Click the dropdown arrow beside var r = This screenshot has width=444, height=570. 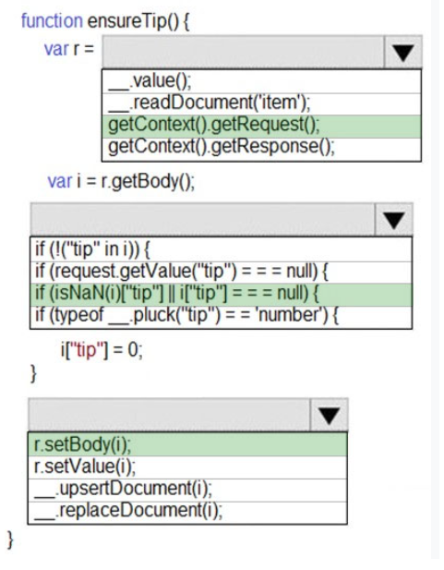pos(403,52)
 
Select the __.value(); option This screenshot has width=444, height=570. pos(150,80)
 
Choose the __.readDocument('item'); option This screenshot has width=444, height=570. pos(210,103)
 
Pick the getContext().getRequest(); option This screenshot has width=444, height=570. pos(214,125)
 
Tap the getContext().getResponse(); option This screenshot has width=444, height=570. pos(222,147)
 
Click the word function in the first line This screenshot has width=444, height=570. pos(52,20)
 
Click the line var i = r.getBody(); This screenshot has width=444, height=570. pos(121,181)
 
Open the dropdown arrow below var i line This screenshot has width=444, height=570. pos(394,220)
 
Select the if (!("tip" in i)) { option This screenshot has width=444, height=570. pos(92,249)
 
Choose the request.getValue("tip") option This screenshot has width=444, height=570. pos(182,272)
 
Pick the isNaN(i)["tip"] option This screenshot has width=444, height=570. pos(177,294)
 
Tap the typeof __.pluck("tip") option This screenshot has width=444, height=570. pos(187,315)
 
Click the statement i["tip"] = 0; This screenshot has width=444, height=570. pos(102,350)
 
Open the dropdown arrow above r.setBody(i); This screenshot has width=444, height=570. pos(330,415)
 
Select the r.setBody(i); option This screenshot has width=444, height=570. pos(82,444)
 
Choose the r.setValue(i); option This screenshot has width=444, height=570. pos(85,467)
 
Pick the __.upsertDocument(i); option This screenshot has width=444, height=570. pos(123,489)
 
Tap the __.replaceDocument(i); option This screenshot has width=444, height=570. pos(128,511)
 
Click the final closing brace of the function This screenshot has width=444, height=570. pos(10,540)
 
